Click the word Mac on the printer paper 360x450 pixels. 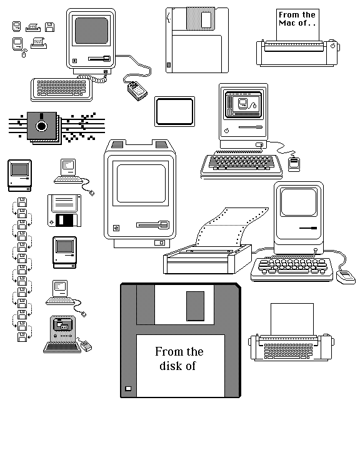(x=287, y=23)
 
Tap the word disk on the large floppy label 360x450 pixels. (x=171, y=366)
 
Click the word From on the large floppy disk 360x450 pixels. (x=167, y=351)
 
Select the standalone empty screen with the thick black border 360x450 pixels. (x=174, y=112)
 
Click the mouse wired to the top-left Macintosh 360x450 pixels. (x=137, y=91)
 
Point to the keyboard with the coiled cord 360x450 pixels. (x=62, y=89)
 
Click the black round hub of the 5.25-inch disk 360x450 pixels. (x=41, y=126)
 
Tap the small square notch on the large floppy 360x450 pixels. (x=128, y=388)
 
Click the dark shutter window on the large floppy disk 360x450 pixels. (x=195, y=306)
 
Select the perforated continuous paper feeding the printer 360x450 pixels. (x=232, y=226)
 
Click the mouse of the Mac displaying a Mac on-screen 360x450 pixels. (x=294, y=164)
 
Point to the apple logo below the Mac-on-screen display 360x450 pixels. (x=226, y=131)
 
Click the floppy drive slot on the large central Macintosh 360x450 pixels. (x=153, y=225)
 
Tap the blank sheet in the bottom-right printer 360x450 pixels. (x=292, y=319)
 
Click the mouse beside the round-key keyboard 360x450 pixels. (x=346, y=277)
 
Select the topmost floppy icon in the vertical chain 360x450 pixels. (x=22, y=202)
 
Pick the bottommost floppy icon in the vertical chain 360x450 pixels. (x=22, y=337)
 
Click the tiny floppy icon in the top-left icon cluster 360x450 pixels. (x=49, y=27)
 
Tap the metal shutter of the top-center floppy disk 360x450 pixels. (x=201, y=19)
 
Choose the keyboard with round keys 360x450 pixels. (x=292, y=269)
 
